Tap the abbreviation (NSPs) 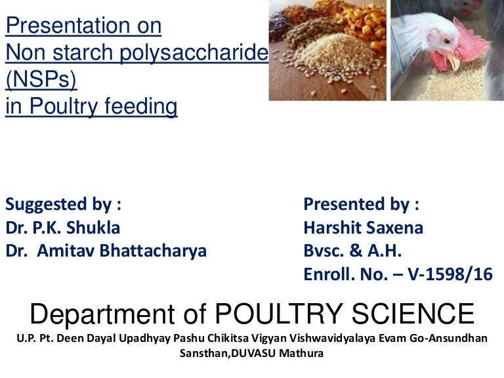41,80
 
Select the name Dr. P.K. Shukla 63,227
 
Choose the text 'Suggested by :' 63,204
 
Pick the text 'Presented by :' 361,204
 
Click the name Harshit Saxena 363,227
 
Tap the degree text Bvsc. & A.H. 352,251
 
